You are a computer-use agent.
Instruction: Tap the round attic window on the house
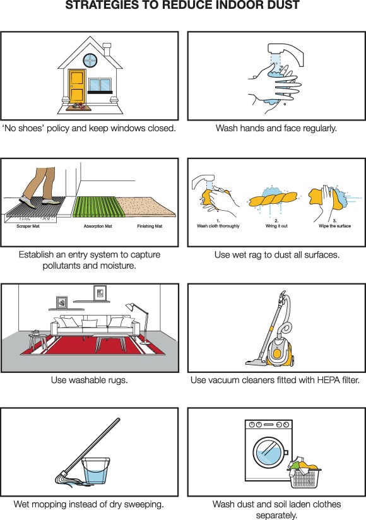[x=90, y=61]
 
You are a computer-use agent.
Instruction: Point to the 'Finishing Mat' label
[x=150, y=226]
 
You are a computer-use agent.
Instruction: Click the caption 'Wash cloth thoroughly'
[x=218, y=226]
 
